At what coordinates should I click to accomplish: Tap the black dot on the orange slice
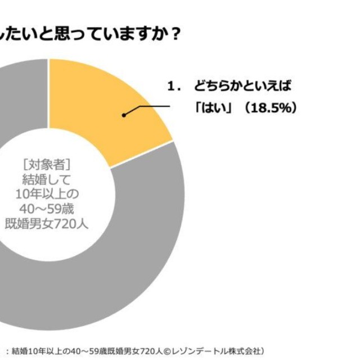pyautogui.click(x=124, y=115)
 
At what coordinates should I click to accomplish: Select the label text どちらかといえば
pyautogui.click(x=244, y=87)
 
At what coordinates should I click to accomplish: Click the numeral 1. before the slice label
pyautogui.click(x=174, y=87)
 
